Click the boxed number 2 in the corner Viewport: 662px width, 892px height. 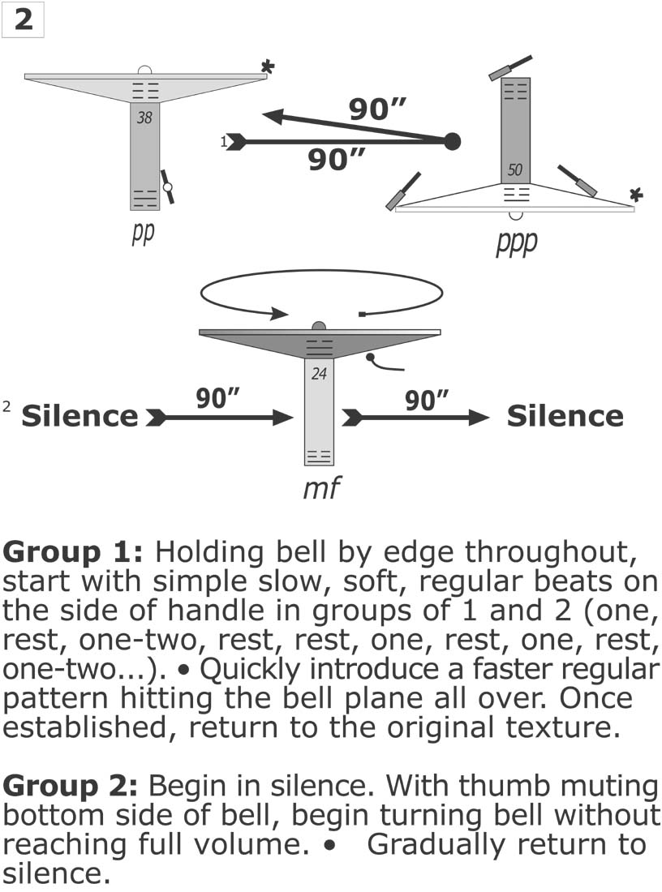pos(24,20)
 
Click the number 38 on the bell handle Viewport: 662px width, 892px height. pos(144,118)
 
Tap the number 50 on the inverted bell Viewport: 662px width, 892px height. pos(514,171)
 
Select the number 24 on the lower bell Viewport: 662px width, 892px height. pos(319,374)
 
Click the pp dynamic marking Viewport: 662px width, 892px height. pos(143,233)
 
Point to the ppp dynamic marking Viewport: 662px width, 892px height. pos(516,242)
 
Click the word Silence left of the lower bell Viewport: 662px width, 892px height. pos(80,417)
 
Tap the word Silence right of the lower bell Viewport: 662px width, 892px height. pos(565,417)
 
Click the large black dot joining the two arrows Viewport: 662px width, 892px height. pos(453,141)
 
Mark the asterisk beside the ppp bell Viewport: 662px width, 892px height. pos(637,195)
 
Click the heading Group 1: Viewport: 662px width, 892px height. pos(73,553)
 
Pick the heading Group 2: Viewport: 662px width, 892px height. pos(73,786)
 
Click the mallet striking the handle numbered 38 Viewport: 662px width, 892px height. pos(167,187)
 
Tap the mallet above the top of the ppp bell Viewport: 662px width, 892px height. pos(509,67)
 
